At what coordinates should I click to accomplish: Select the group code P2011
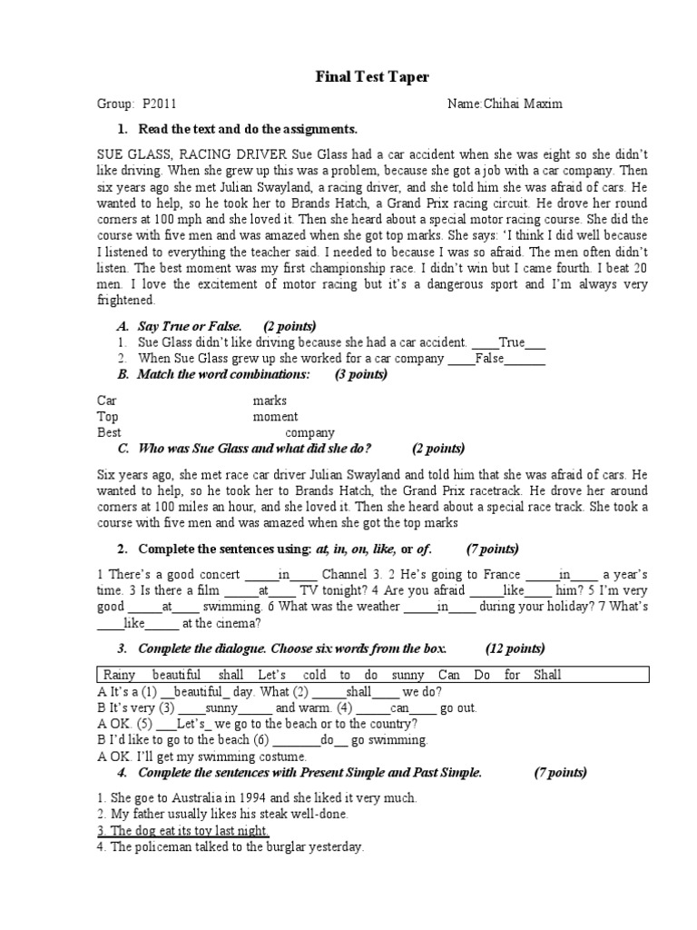(x=161, y=104)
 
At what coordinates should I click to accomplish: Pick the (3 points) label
(x=361, y=375)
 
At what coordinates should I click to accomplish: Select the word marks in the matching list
(x=270, y=401)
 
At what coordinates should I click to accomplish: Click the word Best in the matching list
(x=109, y=433)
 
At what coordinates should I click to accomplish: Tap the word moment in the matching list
(x=275, y=417)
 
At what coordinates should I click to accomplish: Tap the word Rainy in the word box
(x=119, y=675)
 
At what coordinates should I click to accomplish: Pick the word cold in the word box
(x=315, y=675)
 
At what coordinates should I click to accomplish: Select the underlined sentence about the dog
(x=182, y=831)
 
